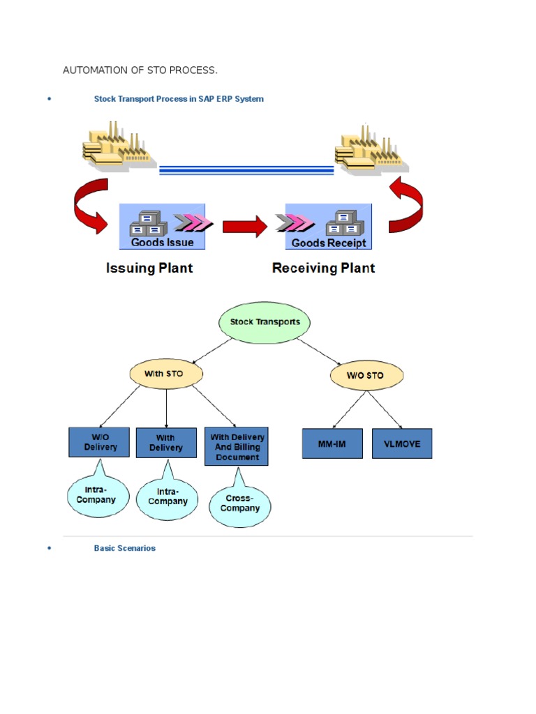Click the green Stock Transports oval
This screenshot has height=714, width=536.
tap(265, 322)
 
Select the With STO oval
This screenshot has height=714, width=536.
tap(166, 374)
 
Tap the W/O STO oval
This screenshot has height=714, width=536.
tap(366, 375)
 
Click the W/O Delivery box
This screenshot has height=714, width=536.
tap(99, 442)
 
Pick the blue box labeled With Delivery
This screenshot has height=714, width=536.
tap(166, 443)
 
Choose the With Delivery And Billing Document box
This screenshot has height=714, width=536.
tap(237, 446)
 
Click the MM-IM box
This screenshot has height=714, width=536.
tap(332, 443)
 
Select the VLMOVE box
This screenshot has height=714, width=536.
tap(402, 443)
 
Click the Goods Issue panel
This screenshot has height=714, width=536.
tap(162, 227)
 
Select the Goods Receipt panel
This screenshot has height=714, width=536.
tap(329, 227)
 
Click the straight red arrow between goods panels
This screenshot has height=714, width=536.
tap(245, 227)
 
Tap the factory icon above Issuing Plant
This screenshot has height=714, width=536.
tap(119, 146)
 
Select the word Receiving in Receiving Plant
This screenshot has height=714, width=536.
tap(304, 268)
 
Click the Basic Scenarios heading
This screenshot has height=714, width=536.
tap(124, 548)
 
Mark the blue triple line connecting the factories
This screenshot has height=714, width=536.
tap(246, 170)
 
